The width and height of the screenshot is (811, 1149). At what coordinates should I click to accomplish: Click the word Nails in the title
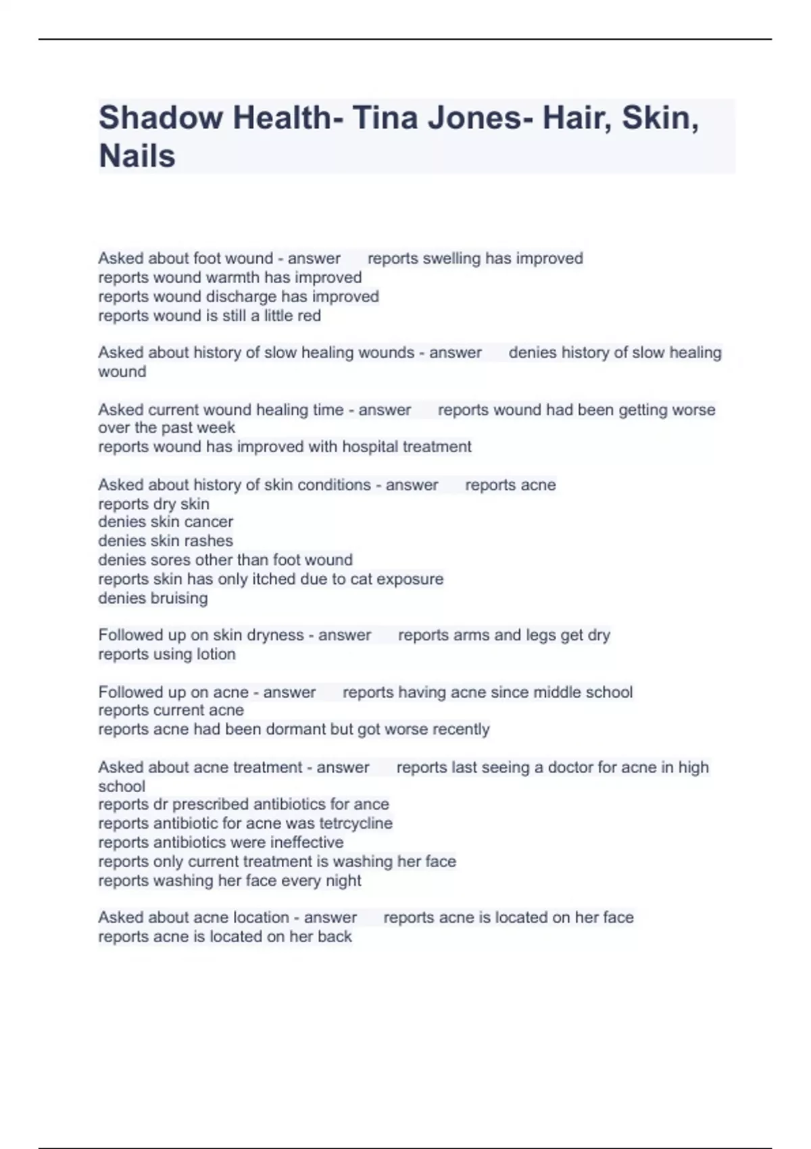[137, 156]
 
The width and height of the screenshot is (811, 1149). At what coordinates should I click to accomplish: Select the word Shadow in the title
[161, 118]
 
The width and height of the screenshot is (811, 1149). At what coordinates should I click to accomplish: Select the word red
[310, 316]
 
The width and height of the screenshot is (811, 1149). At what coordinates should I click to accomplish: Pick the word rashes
[211, 541]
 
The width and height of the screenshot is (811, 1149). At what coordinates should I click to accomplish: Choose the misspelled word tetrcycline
[355, 823]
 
